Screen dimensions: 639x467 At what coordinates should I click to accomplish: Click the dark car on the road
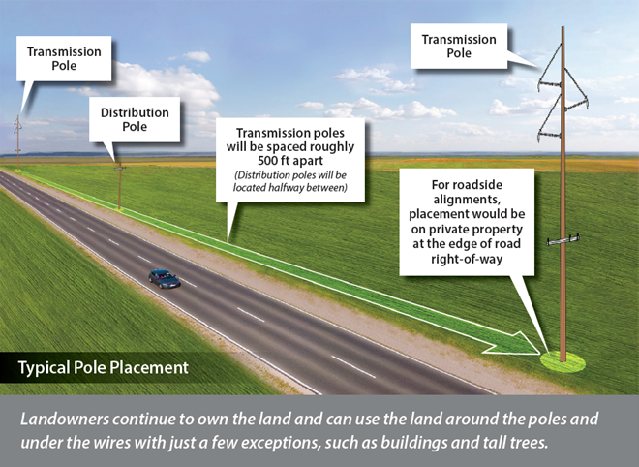(x=165, y=279)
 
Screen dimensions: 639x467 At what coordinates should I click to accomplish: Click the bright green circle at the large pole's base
(x=563, y=361)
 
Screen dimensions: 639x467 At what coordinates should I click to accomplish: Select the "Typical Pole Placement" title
(x=103, y=367)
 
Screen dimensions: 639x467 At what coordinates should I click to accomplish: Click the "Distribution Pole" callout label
(x=135, y=119)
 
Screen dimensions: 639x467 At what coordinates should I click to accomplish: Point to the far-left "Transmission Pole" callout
(x=64, y=59)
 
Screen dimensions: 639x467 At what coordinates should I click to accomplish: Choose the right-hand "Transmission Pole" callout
(x=459, y=47)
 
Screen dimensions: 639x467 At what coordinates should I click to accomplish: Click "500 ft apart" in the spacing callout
(x=290, y=160)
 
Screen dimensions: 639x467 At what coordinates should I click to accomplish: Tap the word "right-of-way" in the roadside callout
(x=467, y=259)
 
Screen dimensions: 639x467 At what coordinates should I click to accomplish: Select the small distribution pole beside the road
(x=120, y=186)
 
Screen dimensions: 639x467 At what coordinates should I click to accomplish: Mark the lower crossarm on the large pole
(x=563, y=240)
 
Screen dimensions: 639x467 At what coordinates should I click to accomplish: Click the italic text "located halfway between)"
(x=290, y=188)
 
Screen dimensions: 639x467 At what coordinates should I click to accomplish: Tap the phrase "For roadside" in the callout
(x=467, y=185)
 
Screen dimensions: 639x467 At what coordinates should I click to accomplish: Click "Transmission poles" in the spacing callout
(x=290, y=133)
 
